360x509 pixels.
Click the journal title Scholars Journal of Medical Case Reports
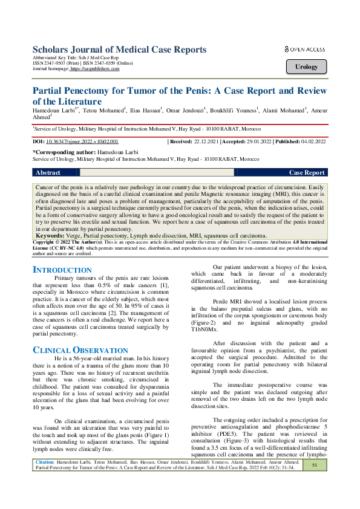coord(119,50)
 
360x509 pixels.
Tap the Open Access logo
coord(304,50)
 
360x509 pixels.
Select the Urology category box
coord(306,67)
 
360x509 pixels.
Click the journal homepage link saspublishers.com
coord(95,69)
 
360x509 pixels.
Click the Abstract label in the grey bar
coord(48,173)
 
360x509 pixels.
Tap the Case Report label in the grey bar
coord(307,173)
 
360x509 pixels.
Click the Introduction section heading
coord(62,270)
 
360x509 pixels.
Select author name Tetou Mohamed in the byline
coord(105,111)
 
